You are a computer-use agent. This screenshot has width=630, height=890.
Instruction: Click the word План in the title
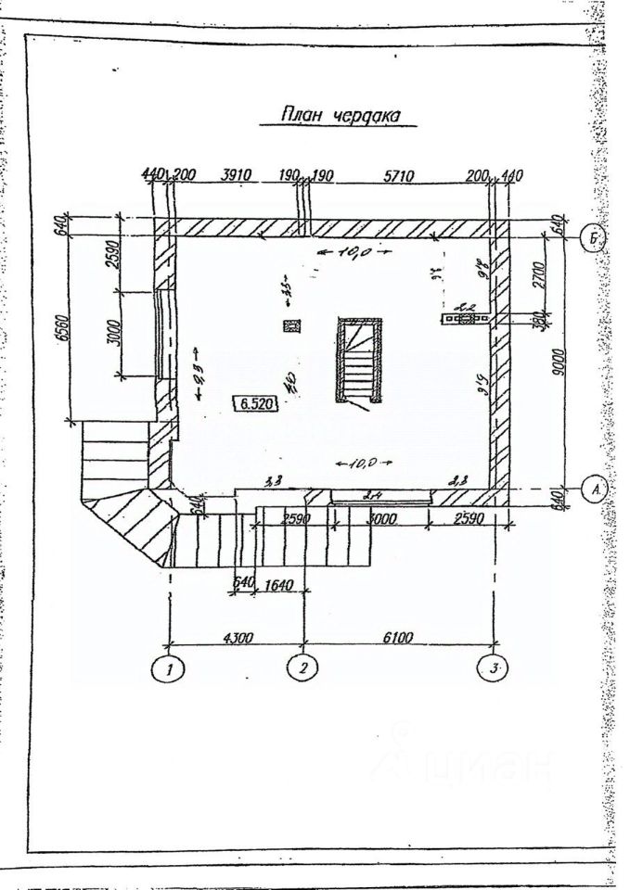[303, 115]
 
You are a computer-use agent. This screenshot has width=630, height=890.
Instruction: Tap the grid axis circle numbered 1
[169, 667]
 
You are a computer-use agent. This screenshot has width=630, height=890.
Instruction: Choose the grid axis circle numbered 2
[303, 667]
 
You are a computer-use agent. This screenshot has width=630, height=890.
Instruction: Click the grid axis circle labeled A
[595, 489]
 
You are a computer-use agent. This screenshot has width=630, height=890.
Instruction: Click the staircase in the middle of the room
[358, 360]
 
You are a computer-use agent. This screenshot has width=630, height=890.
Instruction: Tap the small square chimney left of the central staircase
[292, 325]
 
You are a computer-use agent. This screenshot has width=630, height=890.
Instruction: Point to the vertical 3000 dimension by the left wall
[110, 331]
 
